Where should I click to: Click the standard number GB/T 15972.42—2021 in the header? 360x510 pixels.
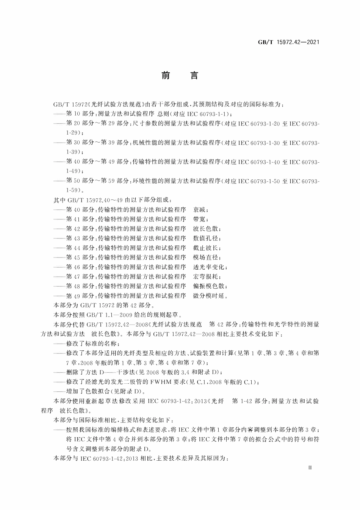tap(289, 42)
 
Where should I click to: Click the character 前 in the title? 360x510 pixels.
tap(166, 76)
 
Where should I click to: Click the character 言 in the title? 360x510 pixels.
tap(194, 76)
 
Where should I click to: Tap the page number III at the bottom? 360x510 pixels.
tap(310, 468)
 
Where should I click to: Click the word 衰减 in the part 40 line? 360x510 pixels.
tap(200, 210)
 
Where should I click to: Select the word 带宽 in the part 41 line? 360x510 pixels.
tap(200, 219)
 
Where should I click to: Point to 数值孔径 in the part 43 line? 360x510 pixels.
tap(206, 238)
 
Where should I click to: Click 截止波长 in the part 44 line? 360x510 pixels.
tap(206, 248)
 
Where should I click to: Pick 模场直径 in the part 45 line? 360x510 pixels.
tap(206, 257)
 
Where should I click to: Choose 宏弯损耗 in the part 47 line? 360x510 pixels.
tap(206, 276)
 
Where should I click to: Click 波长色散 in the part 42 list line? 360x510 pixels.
tap(206, 229)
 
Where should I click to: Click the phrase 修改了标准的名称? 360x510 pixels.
tap(92, 344)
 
